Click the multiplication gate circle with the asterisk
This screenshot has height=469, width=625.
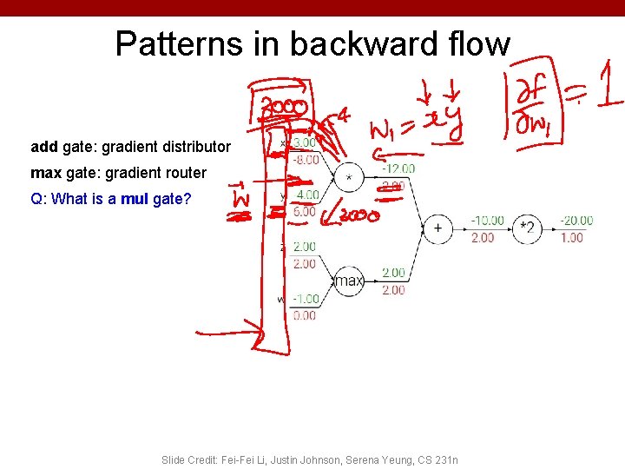[x=349, y=177]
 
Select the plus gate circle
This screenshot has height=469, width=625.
[x=437, y=228]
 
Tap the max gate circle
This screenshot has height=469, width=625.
[x=349, y=281]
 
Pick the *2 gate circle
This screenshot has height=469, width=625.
[x=526, y=228]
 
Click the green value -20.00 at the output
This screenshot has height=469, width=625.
[x=575, y=221]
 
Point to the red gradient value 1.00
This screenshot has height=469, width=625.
[x=572, y=237]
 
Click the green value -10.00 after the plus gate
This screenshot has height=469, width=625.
[x=488, y=221]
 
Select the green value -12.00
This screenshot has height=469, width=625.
[x=398, y=168]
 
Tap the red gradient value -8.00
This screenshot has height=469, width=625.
[x=304, y=160]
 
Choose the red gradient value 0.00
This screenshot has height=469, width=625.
[x=305, y=316]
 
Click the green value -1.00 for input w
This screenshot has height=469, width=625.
[x=304, y=299]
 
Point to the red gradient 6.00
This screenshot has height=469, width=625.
[x=305, y=212]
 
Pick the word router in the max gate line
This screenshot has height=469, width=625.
[x=186, y=173]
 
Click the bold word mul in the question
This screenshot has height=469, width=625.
[x=135, y=199]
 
